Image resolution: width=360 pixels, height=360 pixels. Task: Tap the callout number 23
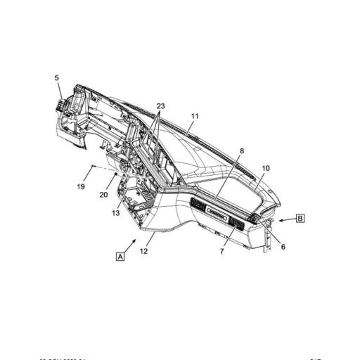161,106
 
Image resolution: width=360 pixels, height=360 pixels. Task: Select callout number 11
195,115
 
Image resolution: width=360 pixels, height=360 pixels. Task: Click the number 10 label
266,169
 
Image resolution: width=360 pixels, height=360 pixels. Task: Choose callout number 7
222,251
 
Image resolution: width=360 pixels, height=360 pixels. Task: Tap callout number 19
81,186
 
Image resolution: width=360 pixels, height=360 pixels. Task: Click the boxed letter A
120,257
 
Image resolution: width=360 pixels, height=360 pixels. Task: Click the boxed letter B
300,219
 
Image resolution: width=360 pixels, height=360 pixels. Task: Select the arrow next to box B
284,220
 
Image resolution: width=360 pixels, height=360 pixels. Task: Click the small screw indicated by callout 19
93,167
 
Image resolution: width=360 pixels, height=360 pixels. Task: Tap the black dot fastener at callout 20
116,172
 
